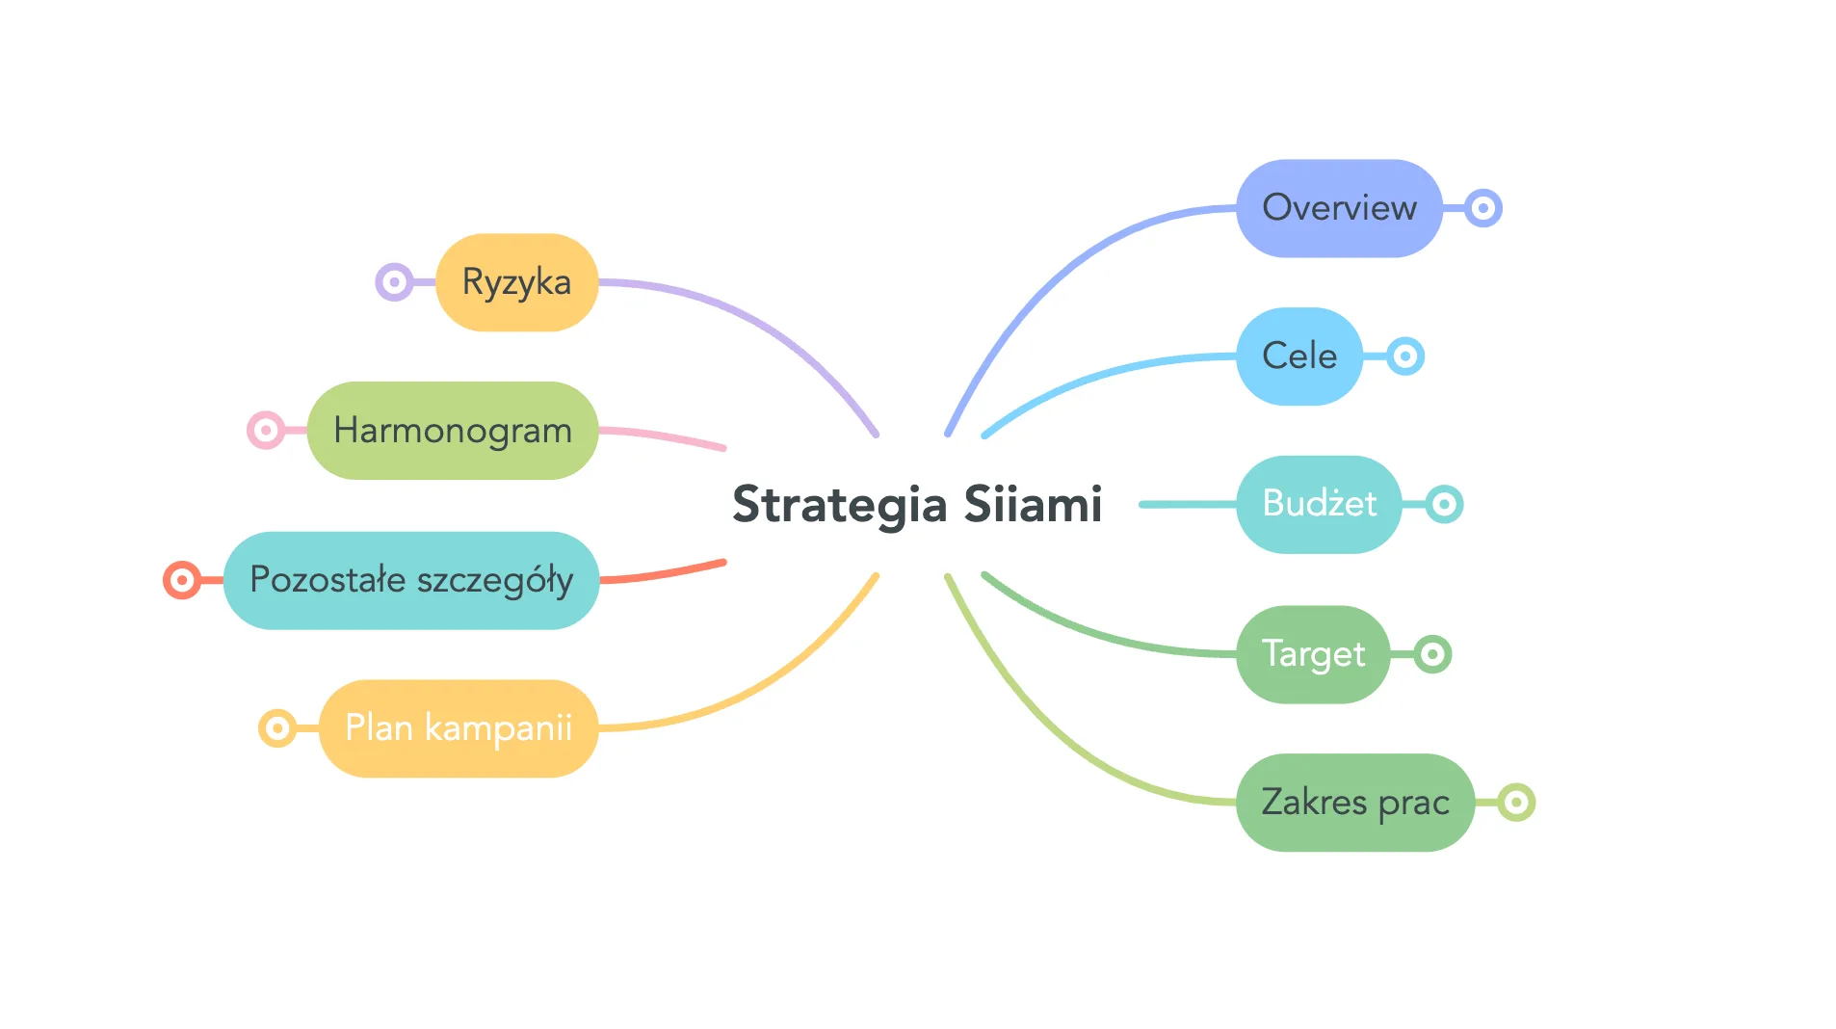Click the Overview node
click(1338, 208)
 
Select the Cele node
click(1298, 356)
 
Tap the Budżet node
click(1319, 504)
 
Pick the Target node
click(1313, 654)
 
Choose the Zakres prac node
click(1354, 803)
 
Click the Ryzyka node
click(516, 282)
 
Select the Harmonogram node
click(452, 431)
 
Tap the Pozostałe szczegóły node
click(411, 580)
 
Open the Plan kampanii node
click(459, 728)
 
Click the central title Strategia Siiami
click(917, 504)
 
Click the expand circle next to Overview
click(1483, 208)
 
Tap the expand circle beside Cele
click(1405, 356)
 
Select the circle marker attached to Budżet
click(1444, 504)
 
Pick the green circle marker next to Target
click(1432, 654)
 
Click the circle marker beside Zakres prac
click(1516, 803)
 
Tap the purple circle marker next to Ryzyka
click(394, 282)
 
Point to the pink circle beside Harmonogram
click(266, 430)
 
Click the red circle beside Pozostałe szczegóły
click(182, 580)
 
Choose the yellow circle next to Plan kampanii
click(277, 728)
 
